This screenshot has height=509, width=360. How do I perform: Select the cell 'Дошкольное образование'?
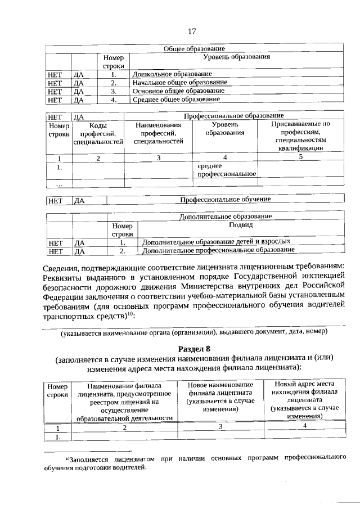coord(172,74)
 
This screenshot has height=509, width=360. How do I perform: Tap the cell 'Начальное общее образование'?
coord(179,82)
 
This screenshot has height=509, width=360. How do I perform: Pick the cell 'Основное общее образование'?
coord(178,91)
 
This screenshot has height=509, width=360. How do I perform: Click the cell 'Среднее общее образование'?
coord(176,100)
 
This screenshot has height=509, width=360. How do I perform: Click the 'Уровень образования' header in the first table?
coord(236,57)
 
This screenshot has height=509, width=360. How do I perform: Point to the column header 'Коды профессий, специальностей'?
coord(98,134)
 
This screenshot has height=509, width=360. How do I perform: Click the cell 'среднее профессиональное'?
coord(224,170)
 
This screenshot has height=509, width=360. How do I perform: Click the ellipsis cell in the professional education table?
coord(59,183)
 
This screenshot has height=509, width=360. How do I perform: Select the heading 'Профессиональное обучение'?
coord(225,199)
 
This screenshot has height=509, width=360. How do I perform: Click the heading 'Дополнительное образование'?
coord(226,216)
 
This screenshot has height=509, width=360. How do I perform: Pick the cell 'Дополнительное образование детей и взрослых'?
coord(216,241)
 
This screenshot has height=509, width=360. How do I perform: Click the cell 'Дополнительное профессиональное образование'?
coord(218,250)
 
